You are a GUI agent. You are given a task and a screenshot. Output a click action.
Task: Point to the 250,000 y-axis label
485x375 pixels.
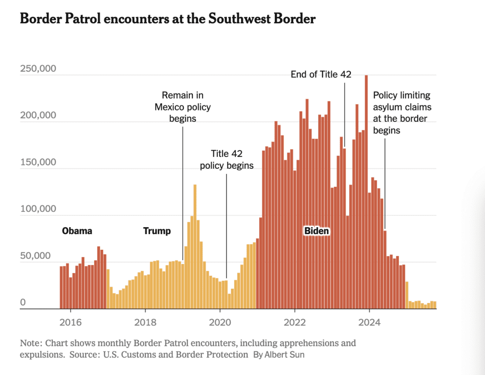pyautogui.click(x=38, y=69)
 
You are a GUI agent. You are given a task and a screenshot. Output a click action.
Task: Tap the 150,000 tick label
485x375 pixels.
pyautogui.click(x=38, y=162)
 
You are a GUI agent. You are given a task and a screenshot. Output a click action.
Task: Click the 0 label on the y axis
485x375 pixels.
pyautogui.click(x=23, y=302)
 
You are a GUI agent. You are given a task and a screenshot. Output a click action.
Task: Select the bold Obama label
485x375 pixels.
pyautogui.click(x=77, y=231)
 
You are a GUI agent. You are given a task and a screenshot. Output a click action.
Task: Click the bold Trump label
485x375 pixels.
pyautogui.click(x=157, y=231)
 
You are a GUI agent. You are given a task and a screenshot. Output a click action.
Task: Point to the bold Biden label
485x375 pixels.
pyautogui.click(x=316, y=231)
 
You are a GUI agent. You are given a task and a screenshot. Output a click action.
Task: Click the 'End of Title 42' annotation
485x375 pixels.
pyautogui.click(x=321, y=74)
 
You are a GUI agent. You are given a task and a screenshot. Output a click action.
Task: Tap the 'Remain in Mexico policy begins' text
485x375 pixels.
pyautogui.click(x=183, y=107)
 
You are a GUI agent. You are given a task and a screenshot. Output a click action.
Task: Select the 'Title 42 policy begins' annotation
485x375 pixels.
pyautogui.click(x=226, y=160)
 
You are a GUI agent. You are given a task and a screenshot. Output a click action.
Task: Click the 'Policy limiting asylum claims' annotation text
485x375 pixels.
pyautogui.click(x=402, y=112)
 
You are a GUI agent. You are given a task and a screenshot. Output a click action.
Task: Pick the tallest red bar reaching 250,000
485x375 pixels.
pyautogui.click(x=366, y=190)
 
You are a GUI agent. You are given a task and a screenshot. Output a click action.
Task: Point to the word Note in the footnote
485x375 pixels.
pyautogui.click(x=29, y=343)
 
